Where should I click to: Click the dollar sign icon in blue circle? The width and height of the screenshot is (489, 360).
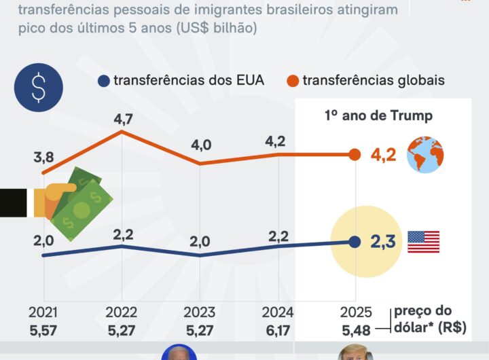point(38,88)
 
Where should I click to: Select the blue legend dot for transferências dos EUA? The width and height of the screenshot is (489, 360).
point(104,81)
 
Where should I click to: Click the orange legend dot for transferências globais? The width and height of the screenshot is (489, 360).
point(293,81)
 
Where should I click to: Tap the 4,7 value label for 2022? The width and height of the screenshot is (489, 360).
point(123,119)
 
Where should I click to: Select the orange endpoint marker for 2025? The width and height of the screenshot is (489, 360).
point(355,155)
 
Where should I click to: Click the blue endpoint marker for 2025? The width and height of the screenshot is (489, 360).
point(355,241)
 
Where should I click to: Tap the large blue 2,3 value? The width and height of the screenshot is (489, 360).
point(384,240)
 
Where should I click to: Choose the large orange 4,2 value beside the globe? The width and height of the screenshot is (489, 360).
point(384,155)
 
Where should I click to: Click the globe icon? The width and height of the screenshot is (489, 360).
point(425,156)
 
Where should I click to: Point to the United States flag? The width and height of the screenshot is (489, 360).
point(423,242)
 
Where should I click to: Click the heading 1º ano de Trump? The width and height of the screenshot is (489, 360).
point(379,115)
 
